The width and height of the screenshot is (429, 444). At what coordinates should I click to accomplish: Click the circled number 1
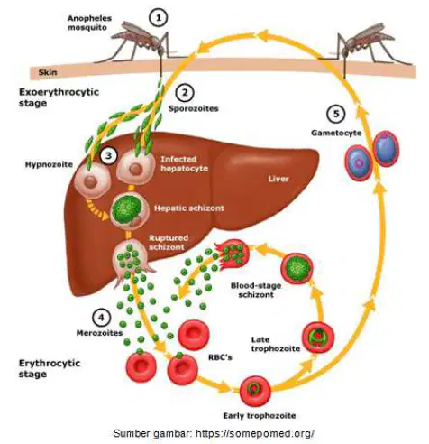pyautogui.click(x=159, y=18)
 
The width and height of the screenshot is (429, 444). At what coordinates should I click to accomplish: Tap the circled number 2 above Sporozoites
pyautogui.click(x=185, y=93)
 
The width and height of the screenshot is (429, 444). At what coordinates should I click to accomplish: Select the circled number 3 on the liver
pyautogui.click(x=108, y=155)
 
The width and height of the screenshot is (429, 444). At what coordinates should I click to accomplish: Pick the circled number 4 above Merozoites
pyautogui.click(x=102, y=318)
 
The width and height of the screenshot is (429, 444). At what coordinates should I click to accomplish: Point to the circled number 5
pyautogui.click(x=336, y=114)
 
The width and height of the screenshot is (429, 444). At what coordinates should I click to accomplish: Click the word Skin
pyautogui.click(x=48, y=72)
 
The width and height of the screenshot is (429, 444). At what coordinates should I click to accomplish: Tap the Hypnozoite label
pyautogui.click(x=49, y=164)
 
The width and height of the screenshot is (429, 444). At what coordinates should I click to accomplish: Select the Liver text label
pyautogui.click(x=278, y=179)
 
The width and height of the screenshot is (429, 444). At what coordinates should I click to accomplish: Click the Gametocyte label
pyautogui.click(x=336, y=133)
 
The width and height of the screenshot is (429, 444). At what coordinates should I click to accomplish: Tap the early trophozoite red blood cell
pyautogui.click(x=255, y=391)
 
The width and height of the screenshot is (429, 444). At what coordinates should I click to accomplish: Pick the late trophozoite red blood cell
pyautogui.click(x=318, y=337)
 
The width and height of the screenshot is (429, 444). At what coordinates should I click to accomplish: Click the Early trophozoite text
pyautogui.click(x=260, y=416)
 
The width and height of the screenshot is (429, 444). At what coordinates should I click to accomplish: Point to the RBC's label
pyautogui.click(x=220, y=357)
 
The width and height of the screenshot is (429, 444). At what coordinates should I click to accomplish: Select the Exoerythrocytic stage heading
pyautogui.click(x=59, y=97)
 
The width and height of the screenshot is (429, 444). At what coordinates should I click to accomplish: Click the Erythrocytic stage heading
pyautogui.click(x=50, y=368)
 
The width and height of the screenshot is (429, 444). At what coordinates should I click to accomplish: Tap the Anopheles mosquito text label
pyautogui.click(x=89, y=23)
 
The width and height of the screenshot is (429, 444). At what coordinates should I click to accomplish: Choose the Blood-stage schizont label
pyautogui.click(x=256, y=290)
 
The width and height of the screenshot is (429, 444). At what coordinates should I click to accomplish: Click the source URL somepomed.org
pyautogui.click(x=255, y=433)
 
